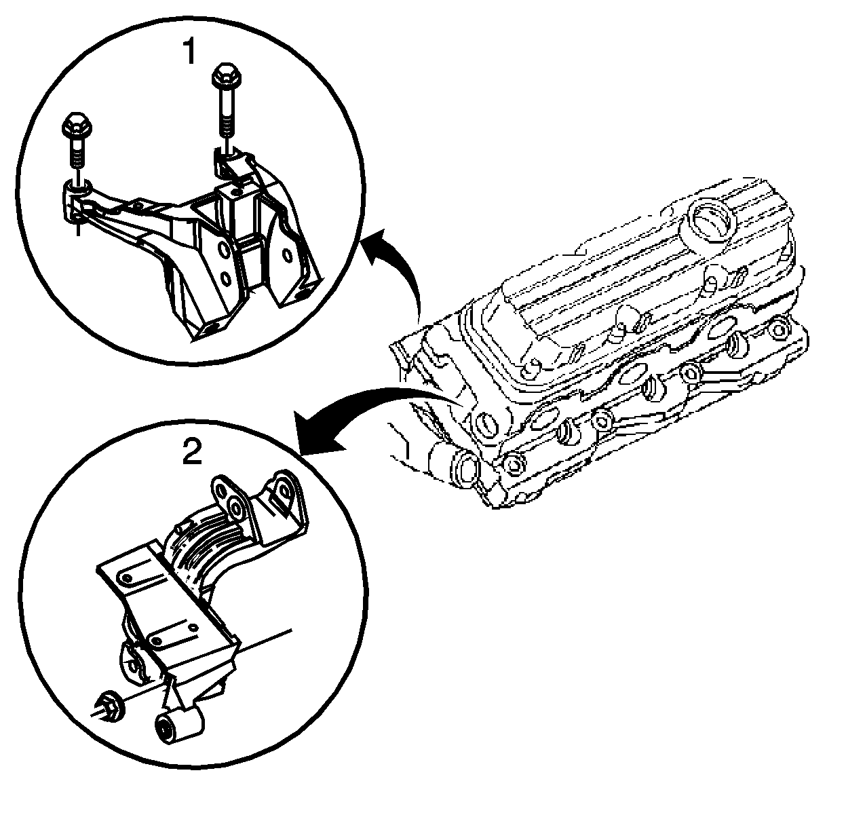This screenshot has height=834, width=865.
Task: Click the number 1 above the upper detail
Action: coord(191,52)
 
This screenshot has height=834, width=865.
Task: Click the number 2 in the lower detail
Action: coord(193,451)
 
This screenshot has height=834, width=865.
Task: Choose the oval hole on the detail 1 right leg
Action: coord(287,257)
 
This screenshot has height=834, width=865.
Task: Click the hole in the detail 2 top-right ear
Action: coord(282,487)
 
